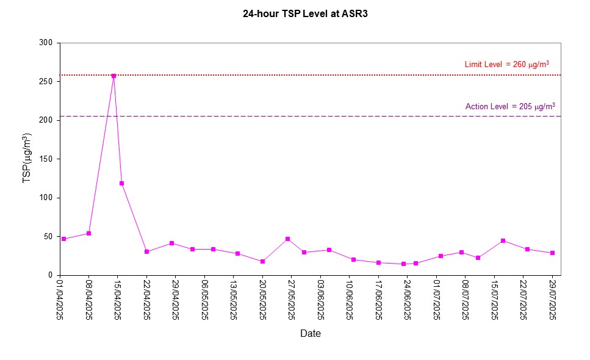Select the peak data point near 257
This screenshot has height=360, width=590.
pyautogui.click(x=113, y=76)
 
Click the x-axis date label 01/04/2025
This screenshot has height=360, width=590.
pyautogui.click(x=60, y=299)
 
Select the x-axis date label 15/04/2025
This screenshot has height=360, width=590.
pyautogui.click(x=118, y=299)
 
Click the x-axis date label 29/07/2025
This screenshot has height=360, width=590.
pyautogui.click(x=552, y=299)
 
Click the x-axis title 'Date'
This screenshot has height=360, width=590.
pyautogui.click(x=310, y=334)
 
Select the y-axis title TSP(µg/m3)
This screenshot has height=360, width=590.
pyautogui.click(x=27, y=159)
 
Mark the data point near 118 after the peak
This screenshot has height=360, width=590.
pyautogui.click(x=121, y=183)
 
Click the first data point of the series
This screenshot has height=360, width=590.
pyautogui.click(x=63, y=239)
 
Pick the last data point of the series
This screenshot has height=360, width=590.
pyautogui.click(x=552, y=253)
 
